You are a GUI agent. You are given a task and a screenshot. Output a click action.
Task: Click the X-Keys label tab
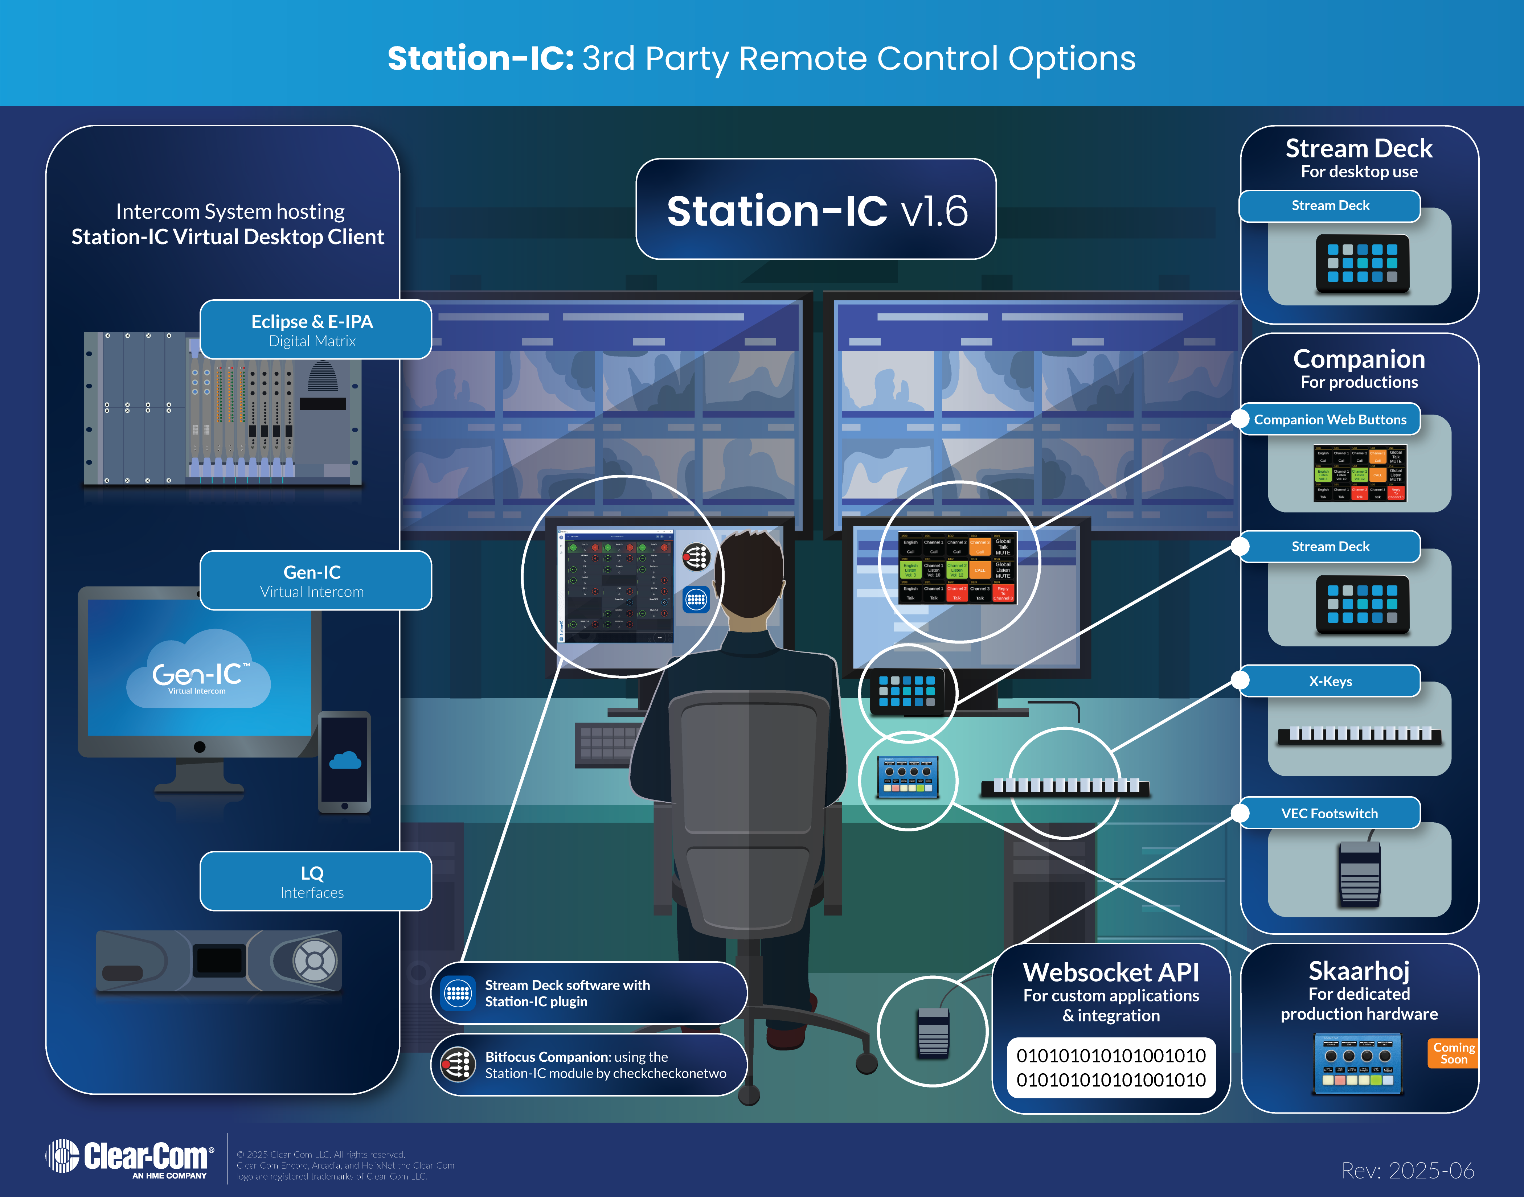pyautogui.click(x=1330, y=681)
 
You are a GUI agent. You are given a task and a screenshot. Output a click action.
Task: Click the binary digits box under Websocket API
pyautogui.click(x=1111, y=1068)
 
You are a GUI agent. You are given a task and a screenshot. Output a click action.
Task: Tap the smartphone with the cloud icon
pyautogui.click(x=344, y=762)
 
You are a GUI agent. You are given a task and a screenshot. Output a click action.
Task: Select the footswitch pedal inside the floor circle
pyautogui.click(x=933, y=1033)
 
